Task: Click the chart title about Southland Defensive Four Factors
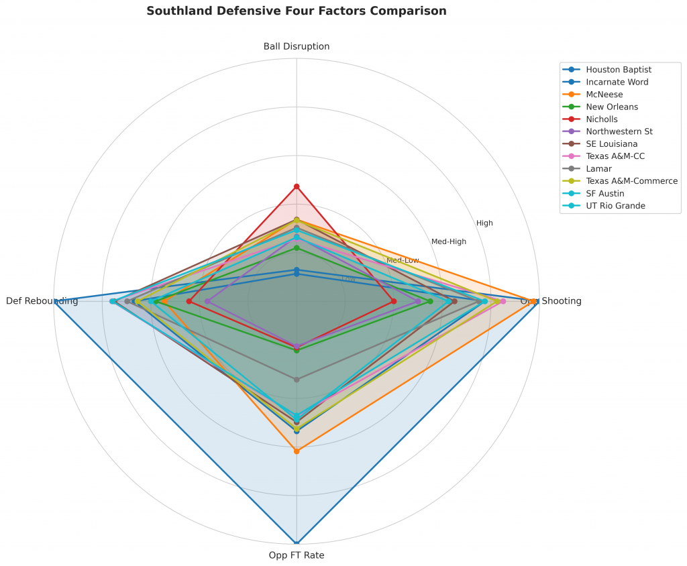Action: click(296, 11)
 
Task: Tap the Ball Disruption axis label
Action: click(297, 46)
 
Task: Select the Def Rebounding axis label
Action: click(42, 301)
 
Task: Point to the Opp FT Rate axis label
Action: click(297, 555)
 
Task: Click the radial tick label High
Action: click(484, 223)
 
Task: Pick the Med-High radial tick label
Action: click(449, 241)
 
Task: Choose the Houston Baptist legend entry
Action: click(618, 69)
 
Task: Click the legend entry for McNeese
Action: click(604, 94)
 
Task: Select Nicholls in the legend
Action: click(602, 119)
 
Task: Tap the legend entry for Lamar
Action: click(598, 168)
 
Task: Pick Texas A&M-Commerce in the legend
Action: click(631, 180)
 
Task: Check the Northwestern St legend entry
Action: click(619, 131)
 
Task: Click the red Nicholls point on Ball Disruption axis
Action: click(297, 186)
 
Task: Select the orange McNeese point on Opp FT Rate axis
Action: click(297, 451)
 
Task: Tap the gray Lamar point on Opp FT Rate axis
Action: click(297, 380)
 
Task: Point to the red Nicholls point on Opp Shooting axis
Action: click(394, 301)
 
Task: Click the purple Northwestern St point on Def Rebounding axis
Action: click(207, 301)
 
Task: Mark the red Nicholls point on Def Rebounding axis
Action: click(189, 301)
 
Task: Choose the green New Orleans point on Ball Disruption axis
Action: click(297, 248)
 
